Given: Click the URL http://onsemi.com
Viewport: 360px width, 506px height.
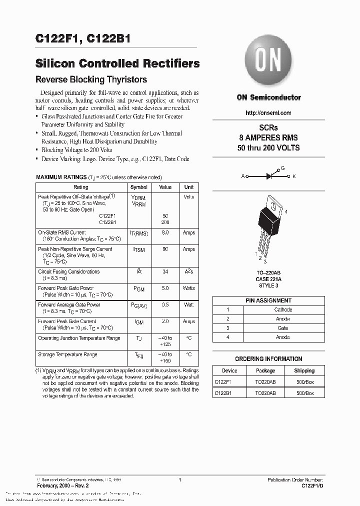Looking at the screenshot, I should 268,113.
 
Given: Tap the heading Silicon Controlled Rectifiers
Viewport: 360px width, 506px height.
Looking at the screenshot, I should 117,63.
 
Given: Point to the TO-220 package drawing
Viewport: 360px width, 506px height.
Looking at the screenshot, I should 270,222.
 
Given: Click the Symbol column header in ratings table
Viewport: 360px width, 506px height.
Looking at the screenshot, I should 139,187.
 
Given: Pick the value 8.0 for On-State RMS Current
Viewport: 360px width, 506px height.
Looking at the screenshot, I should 165,232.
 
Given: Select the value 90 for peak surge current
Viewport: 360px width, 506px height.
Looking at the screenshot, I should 165,249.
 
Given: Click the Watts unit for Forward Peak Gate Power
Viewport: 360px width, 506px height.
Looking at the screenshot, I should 189,288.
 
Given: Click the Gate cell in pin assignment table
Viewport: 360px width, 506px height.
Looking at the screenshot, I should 283,328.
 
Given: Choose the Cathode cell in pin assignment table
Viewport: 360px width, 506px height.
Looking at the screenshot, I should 283,309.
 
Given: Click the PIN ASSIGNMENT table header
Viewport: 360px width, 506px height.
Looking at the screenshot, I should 268,300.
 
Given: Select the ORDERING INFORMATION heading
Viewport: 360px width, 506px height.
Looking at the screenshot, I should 268,358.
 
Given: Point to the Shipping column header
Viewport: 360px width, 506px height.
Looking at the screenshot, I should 304,370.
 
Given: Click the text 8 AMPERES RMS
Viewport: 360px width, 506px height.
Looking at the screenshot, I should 268,137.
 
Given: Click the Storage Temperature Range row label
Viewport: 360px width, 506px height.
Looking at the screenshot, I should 67,354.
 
